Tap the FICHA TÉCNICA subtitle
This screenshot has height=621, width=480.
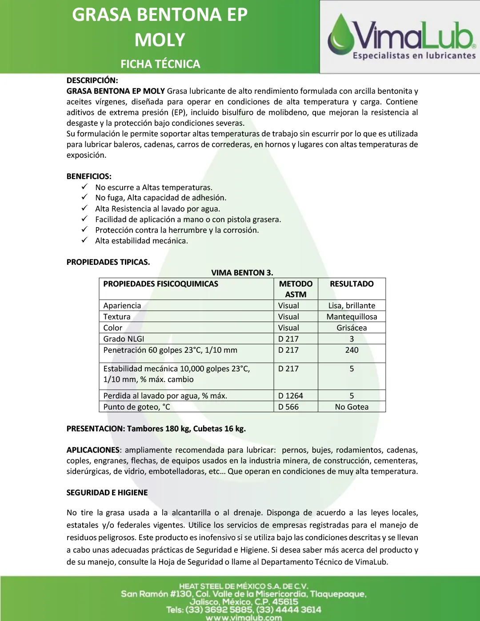[x=160, y=64]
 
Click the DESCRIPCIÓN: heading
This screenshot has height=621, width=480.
[x=92, y=80]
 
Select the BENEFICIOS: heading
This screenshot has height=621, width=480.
[x=89, y=176]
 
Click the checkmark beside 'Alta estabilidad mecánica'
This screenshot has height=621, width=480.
[x=84, y=240]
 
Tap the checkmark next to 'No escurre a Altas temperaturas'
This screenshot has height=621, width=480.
[x=84, y=187]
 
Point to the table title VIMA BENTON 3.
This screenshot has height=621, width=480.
[x=242, y=273]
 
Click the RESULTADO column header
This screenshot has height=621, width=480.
[x=352, y=284]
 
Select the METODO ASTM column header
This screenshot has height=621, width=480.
[x=296, y=289]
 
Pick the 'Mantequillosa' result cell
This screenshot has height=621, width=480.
[x=352, y=317]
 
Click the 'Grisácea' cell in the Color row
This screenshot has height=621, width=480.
[x=352, y=328]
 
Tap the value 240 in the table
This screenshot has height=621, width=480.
[x=352, y=350]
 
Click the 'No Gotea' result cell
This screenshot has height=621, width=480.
[x=352, y=407]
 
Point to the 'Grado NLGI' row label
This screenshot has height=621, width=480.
[x=124, y=339]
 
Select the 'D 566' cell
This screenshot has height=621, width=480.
[x=288, y=407]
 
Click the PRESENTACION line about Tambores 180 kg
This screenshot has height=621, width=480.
[x=156, y=429]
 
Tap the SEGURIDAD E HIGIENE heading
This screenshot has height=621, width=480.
[x=107, y=493]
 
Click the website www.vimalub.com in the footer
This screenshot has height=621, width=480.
[x=244, y=617]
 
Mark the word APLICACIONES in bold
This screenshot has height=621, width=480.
[x=93, y=450]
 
